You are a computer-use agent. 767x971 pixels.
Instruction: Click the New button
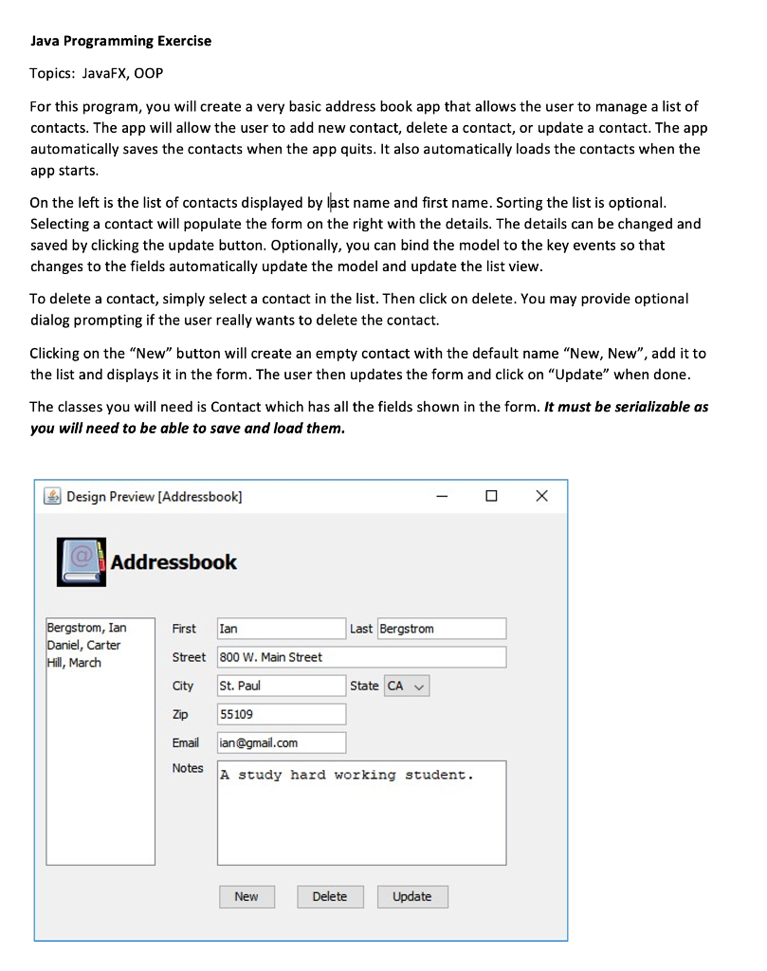[x=247, y=896]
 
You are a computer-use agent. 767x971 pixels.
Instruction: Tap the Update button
[x=411, y=896]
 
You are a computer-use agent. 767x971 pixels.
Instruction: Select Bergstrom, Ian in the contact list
[x=86, y=628]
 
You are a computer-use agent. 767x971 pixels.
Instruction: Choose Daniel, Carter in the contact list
[x=83, y=645]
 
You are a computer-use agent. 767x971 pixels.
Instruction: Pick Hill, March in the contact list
[x=74, y=662]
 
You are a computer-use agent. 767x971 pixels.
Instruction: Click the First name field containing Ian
[x=282, y=629]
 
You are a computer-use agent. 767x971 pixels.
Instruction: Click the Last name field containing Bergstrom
[x=442, y=629]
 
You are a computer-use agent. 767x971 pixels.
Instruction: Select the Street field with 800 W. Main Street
[x=361, y=657]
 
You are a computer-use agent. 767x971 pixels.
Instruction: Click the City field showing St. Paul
[x=282, y=686]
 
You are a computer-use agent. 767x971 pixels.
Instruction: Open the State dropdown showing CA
[x=406, y=686]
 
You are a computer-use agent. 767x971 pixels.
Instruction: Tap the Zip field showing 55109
[x=282, y=714]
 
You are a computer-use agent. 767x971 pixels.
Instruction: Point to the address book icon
[x=82, y=560]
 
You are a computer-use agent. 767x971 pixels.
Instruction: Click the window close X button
[x=541, y=496]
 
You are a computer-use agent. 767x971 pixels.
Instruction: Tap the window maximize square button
[x=491, y=496]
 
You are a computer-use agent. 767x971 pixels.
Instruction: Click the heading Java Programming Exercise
[x=120, y=41]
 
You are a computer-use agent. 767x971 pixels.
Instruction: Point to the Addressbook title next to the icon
[x=173, y=561]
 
